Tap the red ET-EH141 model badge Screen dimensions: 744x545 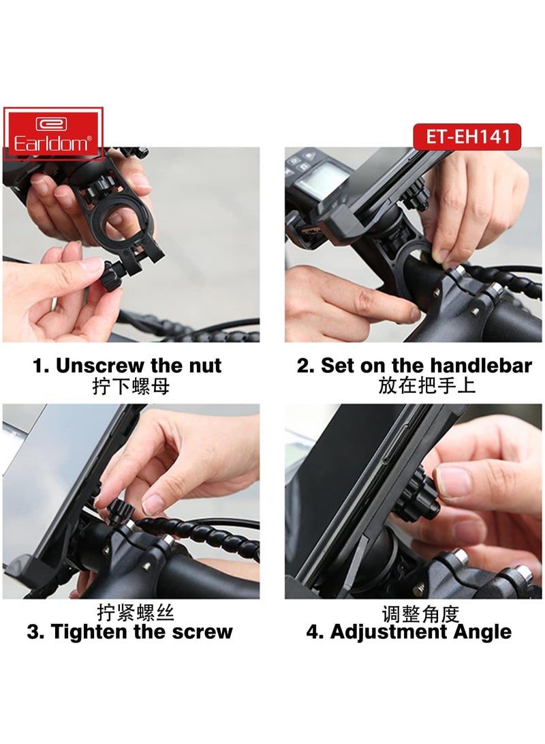[468, 136]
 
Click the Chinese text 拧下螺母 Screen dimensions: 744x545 [131, 387]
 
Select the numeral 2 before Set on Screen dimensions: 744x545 [304, 366]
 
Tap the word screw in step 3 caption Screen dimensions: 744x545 [200, 631]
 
